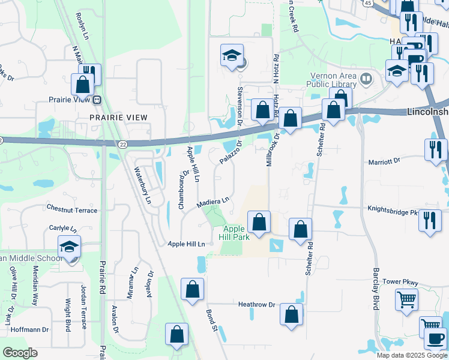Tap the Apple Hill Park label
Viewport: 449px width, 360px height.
[x=234, y=233]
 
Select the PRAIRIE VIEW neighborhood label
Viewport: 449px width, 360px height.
[x=119, y=117]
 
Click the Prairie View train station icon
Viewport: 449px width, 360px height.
[x=96, y=100]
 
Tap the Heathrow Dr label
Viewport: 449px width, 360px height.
[x=256, y=305]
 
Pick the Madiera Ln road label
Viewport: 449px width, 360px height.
[x=214, y=203]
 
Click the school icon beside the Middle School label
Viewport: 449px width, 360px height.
[x=70, y=247]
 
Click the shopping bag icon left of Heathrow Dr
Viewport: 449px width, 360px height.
[x=193, y=290]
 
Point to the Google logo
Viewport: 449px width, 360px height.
[x=20, y=353]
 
